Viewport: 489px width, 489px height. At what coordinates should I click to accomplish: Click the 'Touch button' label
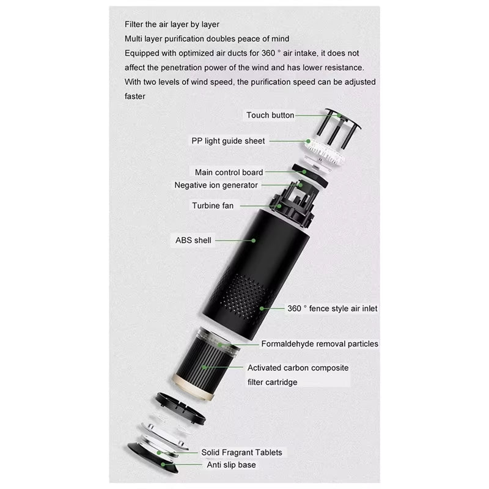click(270, 115)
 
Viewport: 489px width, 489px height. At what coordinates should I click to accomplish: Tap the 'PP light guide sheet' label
click(228, 141)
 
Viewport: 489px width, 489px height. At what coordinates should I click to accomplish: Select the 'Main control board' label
click(229, 172)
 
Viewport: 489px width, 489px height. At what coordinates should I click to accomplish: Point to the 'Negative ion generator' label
click(216, 185)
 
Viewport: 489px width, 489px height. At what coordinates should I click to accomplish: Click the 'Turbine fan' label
click(213, 205)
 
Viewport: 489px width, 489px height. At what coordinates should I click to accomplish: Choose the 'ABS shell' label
click(193, 240)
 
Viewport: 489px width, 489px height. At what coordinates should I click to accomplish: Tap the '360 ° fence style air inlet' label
click(332, 309)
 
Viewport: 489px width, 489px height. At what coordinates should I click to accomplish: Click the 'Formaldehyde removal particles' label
click(320, 344)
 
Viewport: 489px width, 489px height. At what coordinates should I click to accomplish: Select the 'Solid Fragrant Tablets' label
click(241, 452)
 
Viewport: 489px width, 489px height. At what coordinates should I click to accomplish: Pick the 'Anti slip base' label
click(231, 465)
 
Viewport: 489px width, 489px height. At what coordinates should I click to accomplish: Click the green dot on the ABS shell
click(254, 240)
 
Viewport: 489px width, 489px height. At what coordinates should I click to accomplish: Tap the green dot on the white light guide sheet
click(308, 141)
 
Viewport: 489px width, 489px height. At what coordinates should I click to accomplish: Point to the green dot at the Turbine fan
click(279, 206)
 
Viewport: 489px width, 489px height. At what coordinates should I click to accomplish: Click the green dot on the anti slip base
click(163, 465)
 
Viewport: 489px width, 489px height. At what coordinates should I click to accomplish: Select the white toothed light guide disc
click(325, 152)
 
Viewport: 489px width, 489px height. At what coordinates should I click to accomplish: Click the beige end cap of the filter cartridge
click(193, 388)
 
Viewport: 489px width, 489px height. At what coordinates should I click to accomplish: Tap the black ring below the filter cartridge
click(180, 408)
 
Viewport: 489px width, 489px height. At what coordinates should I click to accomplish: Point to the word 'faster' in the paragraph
click(135, 97)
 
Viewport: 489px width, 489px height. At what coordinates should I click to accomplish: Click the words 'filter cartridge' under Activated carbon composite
click(272, 382)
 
